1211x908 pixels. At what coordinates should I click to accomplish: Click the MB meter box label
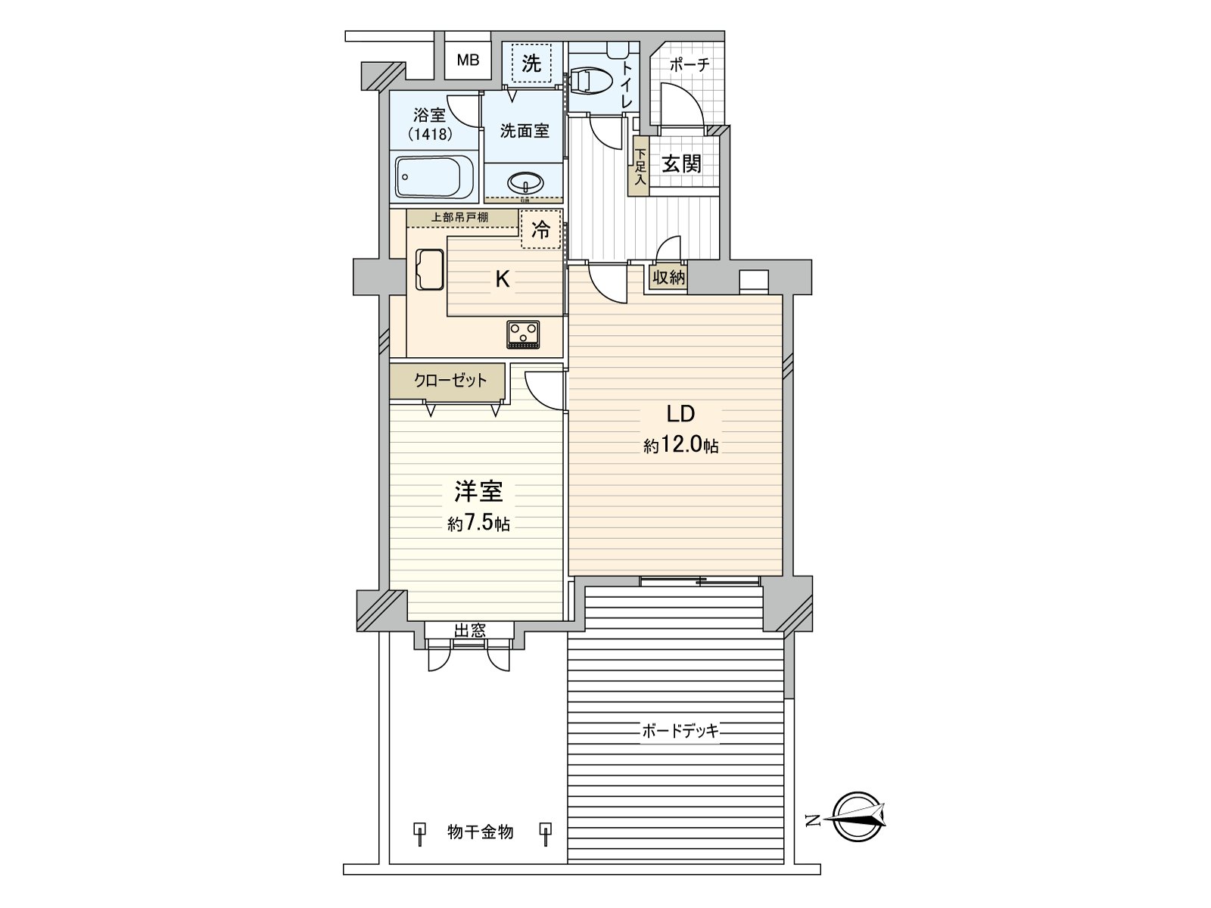coord(468,61)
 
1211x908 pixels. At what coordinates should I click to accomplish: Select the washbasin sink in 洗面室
coord(525,184)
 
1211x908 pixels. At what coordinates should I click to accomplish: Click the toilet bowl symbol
coord(590,79)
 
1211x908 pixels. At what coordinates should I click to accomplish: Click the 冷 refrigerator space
coord(540,229)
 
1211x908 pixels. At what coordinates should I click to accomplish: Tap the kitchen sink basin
coord(429,269)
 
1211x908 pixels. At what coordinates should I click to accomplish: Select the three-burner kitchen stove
coord(523,333)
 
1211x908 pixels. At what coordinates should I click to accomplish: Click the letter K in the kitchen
coord(502,279)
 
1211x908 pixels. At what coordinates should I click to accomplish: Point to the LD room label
coord(680,414)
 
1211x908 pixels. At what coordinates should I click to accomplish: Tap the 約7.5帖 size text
coord(478,523)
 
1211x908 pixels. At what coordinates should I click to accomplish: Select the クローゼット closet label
coord(450,381)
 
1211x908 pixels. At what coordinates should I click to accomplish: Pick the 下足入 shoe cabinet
coord(640,166)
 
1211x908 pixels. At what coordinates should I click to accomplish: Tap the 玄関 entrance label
coord(681,163)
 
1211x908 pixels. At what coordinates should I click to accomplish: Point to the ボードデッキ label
coord(680,731)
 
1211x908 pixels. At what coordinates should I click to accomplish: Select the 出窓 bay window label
coord(469,630)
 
